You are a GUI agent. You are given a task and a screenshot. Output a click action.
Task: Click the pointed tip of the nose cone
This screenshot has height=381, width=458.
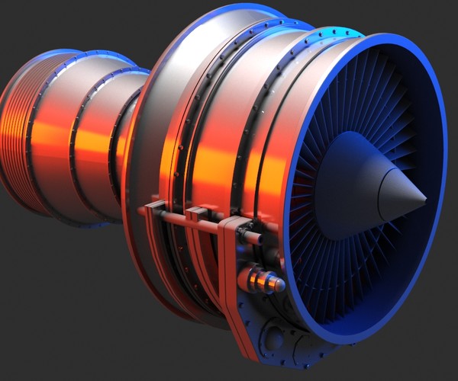pos(424,200)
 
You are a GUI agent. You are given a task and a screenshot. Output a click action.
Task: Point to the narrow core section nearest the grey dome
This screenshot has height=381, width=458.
pos(122,137)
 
